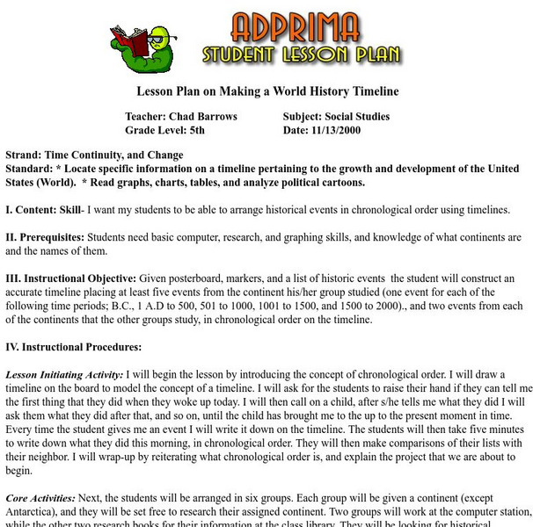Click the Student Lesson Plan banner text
coord(302,55)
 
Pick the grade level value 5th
coord(208,130)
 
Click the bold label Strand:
coord(24,155)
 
